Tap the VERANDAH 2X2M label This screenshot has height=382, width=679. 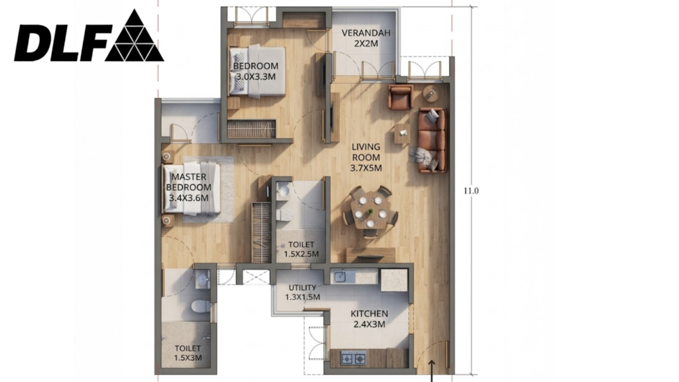coord(365,38)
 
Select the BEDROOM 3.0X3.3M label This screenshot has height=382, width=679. coord(255,72)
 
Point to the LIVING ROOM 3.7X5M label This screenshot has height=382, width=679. coord(366,158)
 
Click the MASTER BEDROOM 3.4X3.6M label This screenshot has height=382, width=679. coord(189,188)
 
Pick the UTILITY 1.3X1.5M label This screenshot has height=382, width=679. coord(302,292)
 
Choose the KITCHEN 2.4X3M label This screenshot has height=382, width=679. coord(369,319)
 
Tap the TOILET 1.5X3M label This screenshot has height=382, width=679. coord(188,353)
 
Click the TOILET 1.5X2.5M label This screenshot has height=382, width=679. coord(302,249)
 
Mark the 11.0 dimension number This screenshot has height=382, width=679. coord(471,190)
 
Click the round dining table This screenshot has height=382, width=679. coord(370,212)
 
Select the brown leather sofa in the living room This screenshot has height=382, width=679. coord(432,140)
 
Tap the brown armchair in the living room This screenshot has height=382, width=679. coord(401,97)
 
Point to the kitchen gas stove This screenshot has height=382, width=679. coord(354,359)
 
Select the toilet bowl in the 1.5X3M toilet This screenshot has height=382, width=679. coord(200,306)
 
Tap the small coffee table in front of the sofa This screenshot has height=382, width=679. coord(402,134)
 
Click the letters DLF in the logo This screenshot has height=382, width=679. coord(60,43)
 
